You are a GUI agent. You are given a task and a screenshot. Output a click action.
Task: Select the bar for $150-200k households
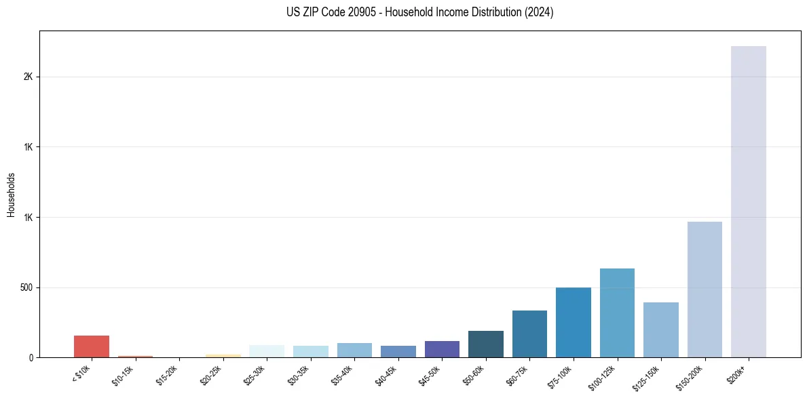click(705, 289)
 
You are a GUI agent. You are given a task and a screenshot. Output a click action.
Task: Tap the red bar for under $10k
click(92, 346)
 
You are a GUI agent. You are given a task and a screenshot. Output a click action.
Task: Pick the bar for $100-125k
click(617, 313)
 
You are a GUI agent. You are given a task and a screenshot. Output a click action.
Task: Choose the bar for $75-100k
click(574, 322)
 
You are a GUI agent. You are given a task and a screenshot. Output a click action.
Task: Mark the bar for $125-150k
click(661, 329)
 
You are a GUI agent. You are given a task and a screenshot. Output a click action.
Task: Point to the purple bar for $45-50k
click(442, 349)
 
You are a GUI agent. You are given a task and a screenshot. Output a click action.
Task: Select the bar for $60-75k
click(529, 334)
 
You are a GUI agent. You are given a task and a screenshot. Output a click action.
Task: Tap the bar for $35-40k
click(354, 350)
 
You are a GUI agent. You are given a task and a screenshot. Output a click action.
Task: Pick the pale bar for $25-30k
click(267, 351)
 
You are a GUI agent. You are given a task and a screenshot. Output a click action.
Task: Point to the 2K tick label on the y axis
click(29, 77)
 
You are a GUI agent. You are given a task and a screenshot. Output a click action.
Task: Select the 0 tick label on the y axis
click(31, 357)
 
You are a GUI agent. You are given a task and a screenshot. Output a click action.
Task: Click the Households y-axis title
click(11, 195)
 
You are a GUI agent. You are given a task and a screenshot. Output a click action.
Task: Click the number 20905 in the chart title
click(354, 12)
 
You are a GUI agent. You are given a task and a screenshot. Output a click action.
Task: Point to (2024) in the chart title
click(540, 12)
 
